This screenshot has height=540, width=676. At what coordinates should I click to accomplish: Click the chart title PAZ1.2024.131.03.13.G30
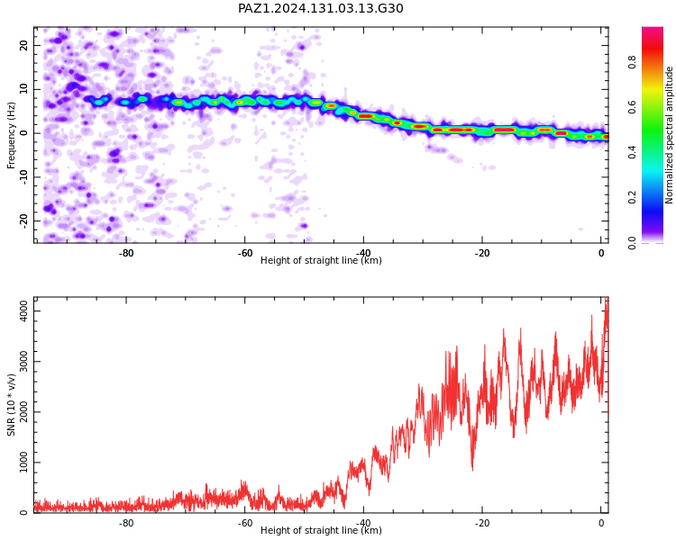(x=321, y=9)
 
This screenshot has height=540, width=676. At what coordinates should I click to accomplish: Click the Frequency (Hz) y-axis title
(x=11, y=135)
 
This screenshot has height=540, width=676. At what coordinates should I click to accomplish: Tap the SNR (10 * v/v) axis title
(x=11, y=405)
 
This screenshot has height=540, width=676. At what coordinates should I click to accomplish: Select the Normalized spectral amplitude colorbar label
(x=669, y=135)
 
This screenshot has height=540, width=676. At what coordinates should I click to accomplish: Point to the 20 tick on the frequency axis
(x=24, y=45)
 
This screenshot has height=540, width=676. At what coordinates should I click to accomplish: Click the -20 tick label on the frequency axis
(x=24, y=220)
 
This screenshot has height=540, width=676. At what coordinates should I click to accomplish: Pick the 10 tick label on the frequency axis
(x=24, y=89)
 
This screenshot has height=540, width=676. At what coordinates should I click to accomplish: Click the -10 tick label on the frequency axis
(x=24, y=177)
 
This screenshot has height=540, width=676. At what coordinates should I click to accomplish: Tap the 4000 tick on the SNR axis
(x=24, y=310)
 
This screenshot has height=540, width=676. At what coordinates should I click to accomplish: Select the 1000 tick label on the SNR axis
(x=24, y=462)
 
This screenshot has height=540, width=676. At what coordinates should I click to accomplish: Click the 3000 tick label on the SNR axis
(x=24, y=361)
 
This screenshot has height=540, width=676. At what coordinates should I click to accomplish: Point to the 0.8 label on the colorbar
(x=632, y=62)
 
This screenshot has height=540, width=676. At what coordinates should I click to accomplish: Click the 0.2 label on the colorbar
(x=632, y=197)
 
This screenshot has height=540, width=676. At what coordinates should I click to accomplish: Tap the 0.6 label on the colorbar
(x=632, y=107)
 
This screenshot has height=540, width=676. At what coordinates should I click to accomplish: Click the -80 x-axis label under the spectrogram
(x=126, y=253)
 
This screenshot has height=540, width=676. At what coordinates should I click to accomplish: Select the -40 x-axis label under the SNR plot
(x=363, y=523)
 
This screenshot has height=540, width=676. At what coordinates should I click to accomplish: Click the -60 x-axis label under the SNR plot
(x=245, y=523)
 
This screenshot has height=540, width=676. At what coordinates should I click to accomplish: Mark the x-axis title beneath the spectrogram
(x=321, y=260)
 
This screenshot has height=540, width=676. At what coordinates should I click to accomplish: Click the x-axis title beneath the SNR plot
(x=321, y=530)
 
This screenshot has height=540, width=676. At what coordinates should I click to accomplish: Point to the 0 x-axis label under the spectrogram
(x=601, y=253)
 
